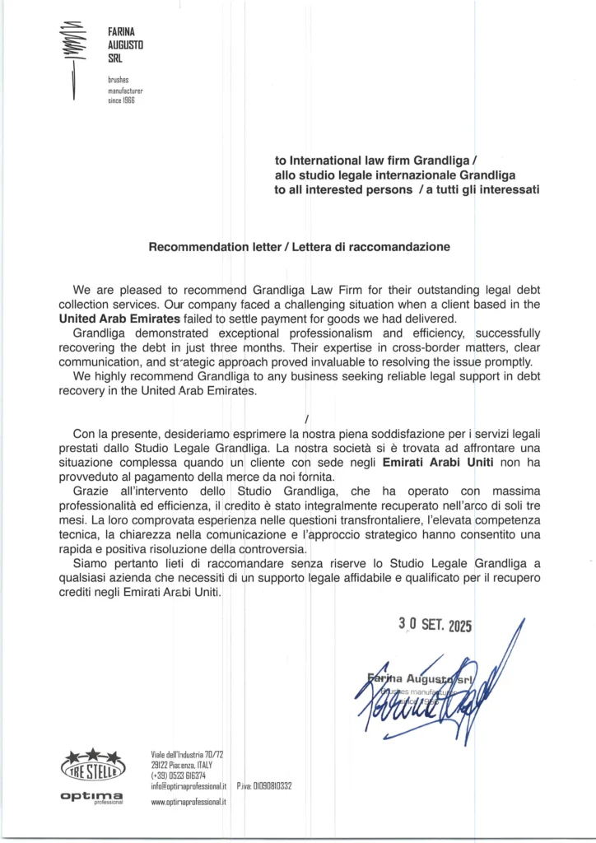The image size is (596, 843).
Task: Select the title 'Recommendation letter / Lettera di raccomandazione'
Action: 299,246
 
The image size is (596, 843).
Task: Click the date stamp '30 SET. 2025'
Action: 435,625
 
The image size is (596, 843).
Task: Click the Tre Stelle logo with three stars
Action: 93,765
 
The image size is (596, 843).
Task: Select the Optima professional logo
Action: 92,797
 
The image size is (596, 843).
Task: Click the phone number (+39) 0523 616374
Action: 179,775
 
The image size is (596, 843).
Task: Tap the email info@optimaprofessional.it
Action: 189,786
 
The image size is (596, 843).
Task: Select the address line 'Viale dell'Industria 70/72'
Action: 188,754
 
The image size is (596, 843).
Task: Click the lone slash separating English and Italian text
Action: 305,417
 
